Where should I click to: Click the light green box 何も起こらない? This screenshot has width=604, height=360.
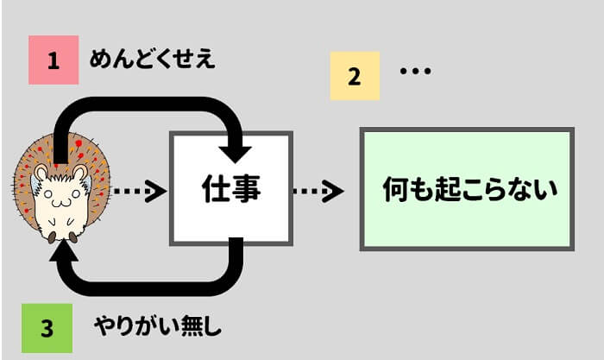click(466, 189)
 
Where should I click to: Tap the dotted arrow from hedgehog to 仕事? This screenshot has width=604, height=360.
click(138, 191)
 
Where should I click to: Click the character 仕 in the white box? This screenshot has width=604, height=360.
click(215, 187)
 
